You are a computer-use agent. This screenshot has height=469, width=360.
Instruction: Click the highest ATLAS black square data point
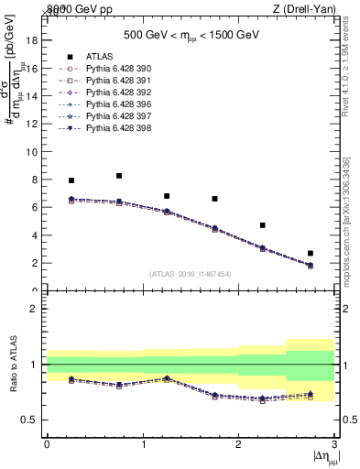[119, 176]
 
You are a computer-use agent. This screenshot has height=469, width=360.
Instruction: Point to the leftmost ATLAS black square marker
[71, 180]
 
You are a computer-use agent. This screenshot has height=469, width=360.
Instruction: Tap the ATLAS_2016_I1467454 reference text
[191, 274]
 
